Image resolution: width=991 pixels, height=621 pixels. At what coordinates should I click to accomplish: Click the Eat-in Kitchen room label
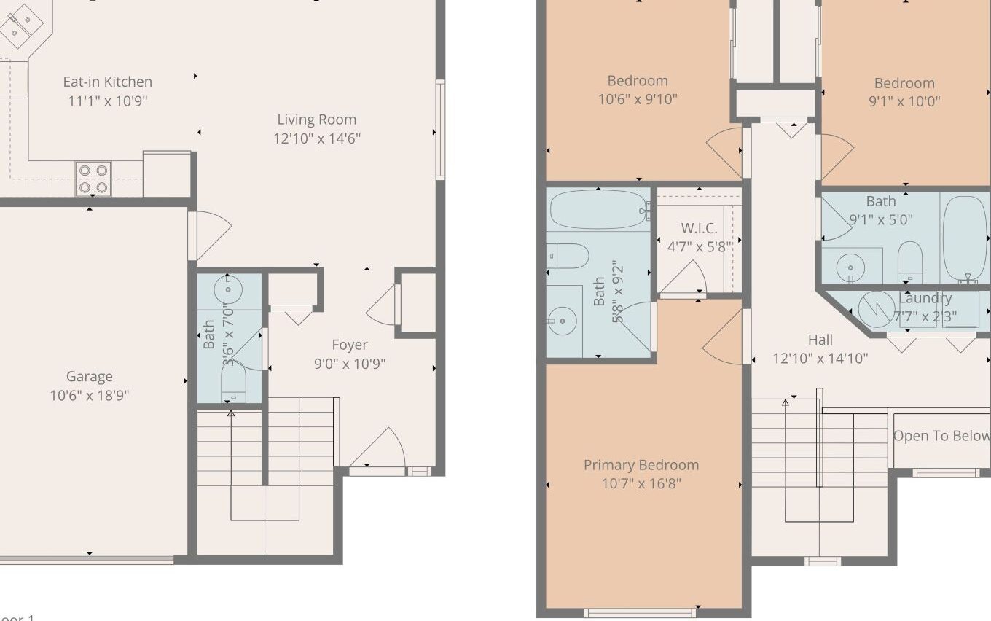click(x=107, y=82)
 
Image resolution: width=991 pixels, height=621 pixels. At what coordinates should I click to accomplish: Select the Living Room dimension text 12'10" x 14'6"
click(x=317, y=138)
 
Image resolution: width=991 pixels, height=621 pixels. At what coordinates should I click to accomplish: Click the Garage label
click(x=89, y=376)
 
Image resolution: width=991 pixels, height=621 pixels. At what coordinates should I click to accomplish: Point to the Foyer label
click(x=349, y=345)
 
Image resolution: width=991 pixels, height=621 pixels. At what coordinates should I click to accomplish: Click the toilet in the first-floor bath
click(x=233, y=382)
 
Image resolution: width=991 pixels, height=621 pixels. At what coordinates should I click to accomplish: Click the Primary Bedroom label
click(x=641, y=465)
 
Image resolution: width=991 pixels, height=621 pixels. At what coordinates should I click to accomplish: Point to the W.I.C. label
click(x=699, y=228)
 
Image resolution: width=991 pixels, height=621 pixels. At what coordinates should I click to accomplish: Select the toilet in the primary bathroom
click(x=568, y=256)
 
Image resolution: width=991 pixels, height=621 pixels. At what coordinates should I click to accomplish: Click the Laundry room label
click(x=925, y=298)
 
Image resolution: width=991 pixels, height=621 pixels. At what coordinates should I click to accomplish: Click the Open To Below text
click(x=941, y=436)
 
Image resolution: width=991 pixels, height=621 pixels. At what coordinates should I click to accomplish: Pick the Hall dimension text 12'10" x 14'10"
click(x=820, y=359)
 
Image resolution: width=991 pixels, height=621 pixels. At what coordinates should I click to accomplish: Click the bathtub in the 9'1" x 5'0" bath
click(x=965, y=238)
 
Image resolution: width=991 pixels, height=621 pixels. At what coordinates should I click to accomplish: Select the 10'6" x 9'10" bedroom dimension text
click(x=638, y=99)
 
